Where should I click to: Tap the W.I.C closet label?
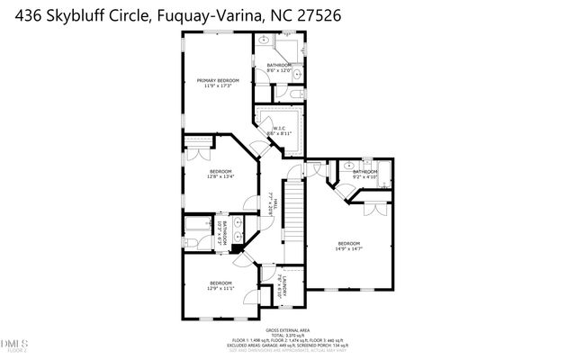coord(279,129)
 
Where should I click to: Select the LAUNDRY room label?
coord(280,283)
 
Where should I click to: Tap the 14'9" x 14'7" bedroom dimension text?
coord(349,249)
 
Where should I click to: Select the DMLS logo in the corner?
coord(14,342)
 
